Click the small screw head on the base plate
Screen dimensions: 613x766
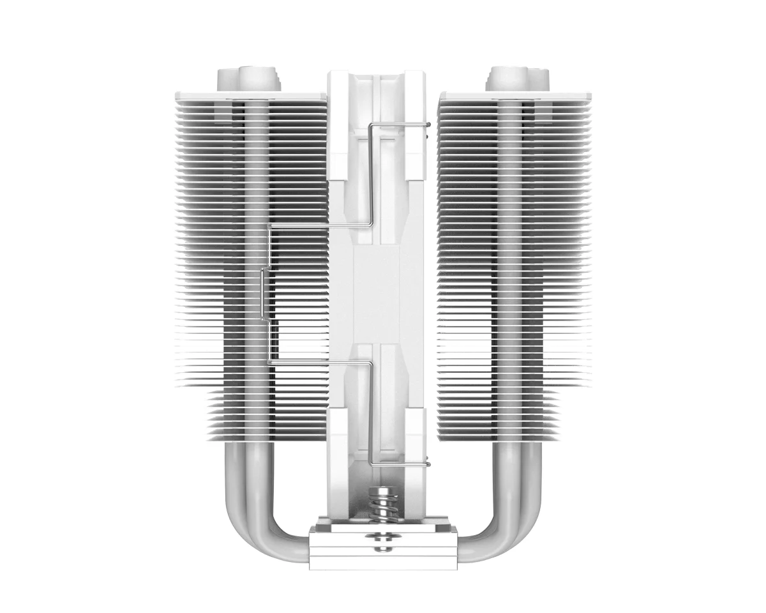point(382,543)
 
